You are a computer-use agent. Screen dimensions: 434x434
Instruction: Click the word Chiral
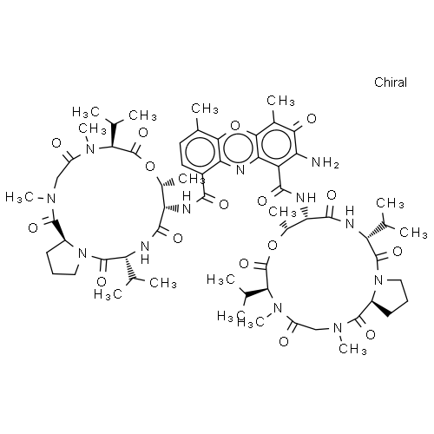(391, 82)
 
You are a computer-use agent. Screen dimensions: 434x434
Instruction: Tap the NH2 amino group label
(325, 162)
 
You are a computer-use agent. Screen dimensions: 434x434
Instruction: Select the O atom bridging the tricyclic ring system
(235, 126)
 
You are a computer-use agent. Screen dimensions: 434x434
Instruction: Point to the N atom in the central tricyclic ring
(240, 170)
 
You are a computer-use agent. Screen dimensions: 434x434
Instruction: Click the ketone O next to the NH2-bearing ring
(312, 119)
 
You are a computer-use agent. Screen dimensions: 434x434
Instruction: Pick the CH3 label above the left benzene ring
(205, 108)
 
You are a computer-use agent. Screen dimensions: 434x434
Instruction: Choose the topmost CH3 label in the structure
(280, 101)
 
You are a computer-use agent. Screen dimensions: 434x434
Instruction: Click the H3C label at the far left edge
(19, 198)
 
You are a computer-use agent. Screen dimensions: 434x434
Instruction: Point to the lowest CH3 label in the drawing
(352, 349)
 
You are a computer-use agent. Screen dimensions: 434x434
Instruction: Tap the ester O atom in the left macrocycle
(150, 167)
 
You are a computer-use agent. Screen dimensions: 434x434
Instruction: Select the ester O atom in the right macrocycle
(273, 246)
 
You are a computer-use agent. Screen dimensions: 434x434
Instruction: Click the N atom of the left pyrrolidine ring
(82, 253)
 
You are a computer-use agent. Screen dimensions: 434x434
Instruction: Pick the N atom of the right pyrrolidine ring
(378, 279)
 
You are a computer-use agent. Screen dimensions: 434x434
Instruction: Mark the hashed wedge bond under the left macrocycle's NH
(131, 267)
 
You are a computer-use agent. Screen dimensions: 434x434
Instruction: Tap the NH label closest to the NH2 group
(306, 198)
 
